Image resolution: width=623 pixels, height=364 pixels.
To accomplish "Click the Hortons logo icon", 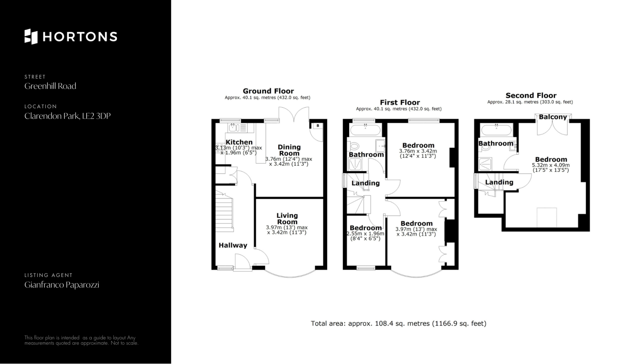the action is pos(31,36).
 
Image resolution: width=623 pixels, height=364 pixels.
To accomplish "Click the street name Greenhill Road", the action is pos(50,86).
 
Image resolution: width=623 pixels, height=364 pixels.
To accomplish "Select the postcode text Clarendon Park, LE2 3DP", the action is pos(67,116).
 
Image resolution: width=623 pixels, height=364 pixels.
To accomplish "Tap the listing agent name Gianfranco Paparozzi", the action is pos(62,285).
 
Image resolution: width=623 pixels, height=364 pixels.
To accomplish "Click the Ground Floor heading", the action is pos(268,91).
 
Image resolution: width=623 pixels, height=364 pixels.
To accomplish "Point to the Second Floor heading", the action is pos(531,96).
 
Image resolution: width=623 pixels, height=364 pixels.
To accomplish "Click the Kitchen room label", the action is pos(239,142).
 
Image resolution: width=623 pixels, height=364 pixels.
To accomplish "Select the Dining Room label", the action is pos(289,150).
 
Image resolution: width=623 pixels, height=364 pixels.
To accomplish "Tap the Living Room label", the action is pos(287,219).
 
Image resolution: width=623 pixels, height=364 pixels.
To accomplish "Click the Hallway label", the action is pos(233,245).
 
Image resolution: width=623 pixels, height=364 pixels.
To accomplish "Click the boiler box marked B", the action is pos(317,126).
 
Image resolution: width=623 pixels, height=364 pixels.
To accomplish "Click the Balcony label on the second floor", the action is pos(553,117).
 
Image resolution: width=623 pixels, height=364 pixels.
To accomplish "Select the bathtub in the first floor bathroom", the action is pos(365,130).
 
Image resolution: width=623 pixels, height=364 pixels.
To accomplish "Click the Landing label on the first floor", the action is pos(366,183).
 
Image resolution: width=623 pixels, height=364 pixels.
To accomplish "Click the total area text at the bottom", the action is pos(398,324).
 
